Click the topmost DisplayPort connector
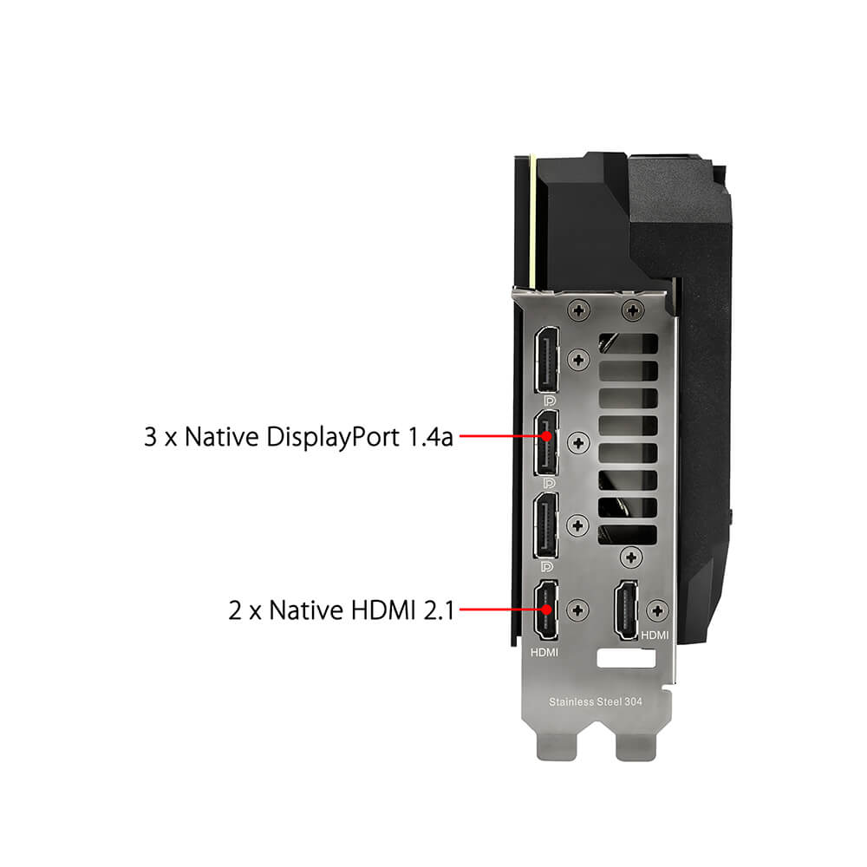546,360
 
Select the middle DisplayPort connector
546,443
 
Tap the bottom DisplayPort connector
546,525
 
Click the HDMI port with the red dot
546,610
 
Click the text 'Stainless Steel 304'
596,701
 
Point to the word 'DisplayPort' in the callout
332,437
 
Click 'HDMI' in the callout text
382,610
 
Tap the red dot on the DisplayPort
546,436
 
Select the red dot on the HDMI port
546,610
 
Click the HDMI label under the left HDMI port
544,653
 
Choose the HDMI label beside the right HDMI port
655,636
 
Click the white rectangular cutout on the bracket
627,659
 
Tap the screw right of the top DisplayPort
578,360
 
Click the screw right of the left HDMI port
577,610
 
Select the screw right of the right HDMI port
657,610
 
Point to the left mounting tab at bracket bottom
557,746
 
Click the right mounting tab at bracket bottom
636,746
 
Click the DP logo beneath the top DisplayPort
550,401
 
